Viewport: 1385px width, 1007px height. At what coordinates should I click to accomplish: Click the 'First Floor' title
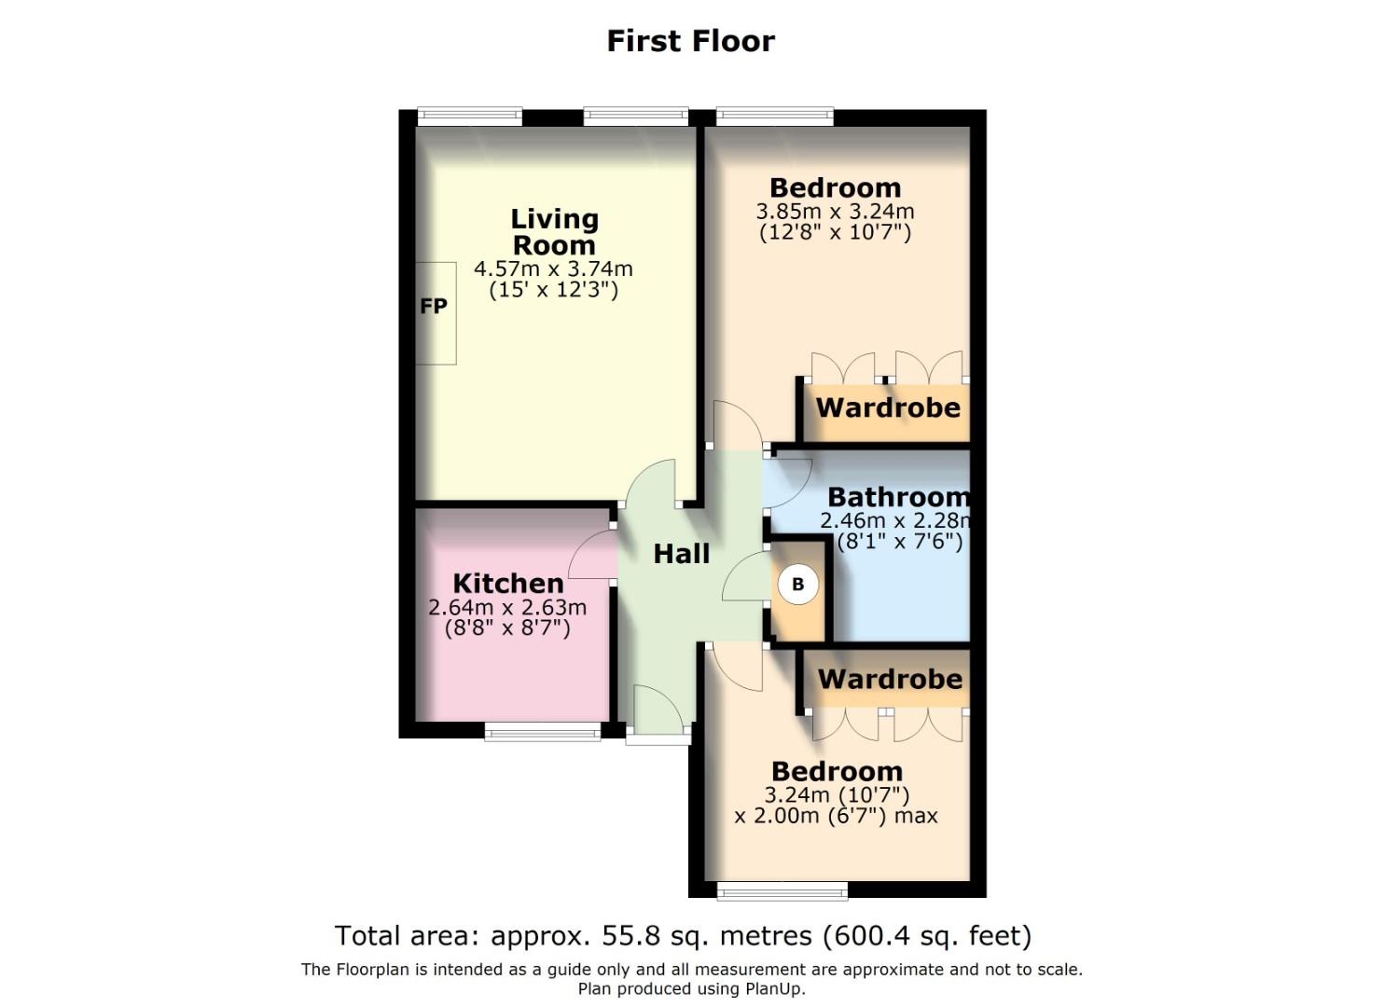coord(690,41)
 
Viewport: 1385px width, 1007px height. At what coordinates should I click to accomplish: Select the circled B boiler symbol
coord(797,585)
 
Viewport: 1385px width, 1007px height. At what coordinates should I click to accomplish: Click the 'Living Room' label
coord(554,231)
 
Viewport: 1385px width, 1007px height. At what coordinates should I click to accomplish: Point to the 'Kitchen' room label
coord(508,584)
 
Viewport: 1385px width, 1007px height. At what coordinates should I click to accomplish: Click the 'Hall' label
coord(681,554)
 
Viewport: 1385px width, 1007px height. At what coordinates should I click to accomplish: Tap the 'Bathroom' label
coord(898,497)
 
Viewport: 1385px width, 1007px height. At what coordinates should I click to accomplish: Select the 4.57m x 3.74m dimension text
coord(553,269)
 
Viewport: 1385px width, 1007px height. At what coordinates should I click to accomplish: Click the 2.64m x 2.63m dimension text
coord(507,608)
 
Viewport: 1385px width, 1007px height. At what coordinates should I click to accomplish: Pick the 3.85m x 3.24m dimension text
coord(835,212)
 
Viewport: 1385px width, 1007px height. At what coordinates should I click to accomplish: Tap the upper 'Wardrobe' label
coord(888,407)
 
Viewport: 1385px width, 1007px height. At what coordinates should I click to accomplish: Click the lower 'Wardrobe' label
coord(890,679)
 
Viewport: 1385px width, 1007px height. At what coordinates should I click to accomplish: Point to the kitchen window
coord(543,733)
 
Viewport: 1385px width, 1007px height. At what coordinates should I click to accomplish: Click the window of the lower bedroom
coord(782,891)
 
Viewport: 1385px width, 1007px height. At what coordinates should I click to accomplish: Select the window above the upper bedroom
coord(774,117)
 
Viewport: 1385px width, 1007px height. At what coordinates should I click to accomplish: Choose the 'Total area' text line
coord(683,935)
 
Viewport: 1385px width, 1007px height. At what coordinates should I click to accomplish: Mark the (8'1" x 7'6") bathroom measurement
coord(899,541)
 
